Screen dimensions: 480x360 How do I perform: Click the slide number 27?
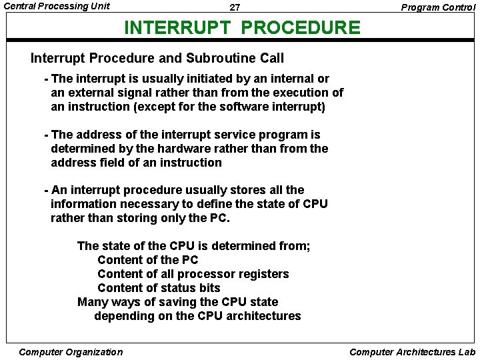coord(235,8)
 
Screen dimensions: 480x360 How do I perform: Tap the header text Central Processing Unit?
coord(57,7)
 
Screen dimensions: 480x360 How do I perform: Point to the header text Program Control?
coord(438,7)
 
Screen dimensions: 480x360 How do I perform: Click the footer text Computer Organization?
coord(71,352)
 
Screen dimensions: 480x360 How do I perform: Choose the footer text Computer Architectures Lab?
coord(412,352)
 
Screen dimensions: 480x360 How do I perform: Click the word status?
coord(179,288)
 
